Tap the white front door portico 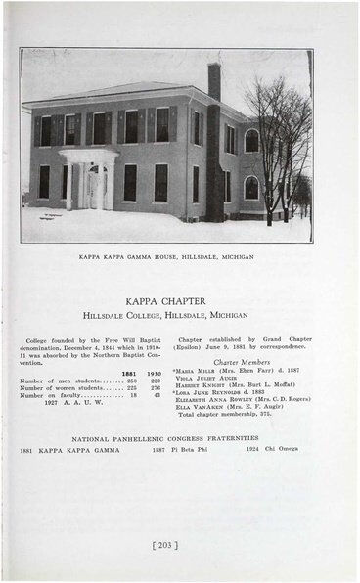pyautogui.click(x=89, y=178)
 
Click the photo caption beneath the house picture pyautogui.click(x=165, y=256)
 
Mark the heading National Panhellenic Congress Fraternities pyautogui.click(x=165, y=438)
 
